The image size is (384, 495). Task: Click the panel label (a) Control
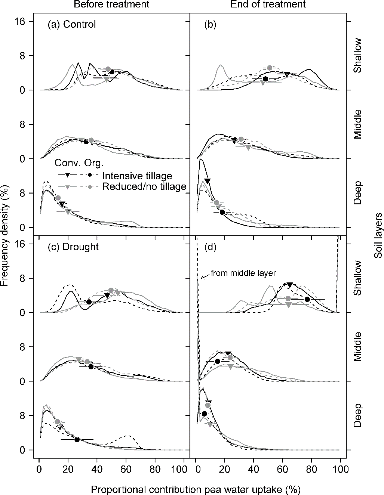(x=71, y=25)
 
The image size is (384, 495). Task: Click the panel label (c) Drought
(x=73, y=247)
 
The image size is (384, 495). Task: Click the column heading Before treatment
(x=111, y=4)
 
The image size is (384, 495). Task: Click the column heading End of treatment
(x=268, y=4)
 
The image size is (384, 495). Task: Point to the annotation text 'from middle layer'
(x=243, y=273)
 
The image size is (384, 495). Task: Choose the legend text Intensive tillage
(x=137, y=176)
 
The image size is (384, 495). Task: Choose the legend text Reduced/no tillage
(x=144, y=186)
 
